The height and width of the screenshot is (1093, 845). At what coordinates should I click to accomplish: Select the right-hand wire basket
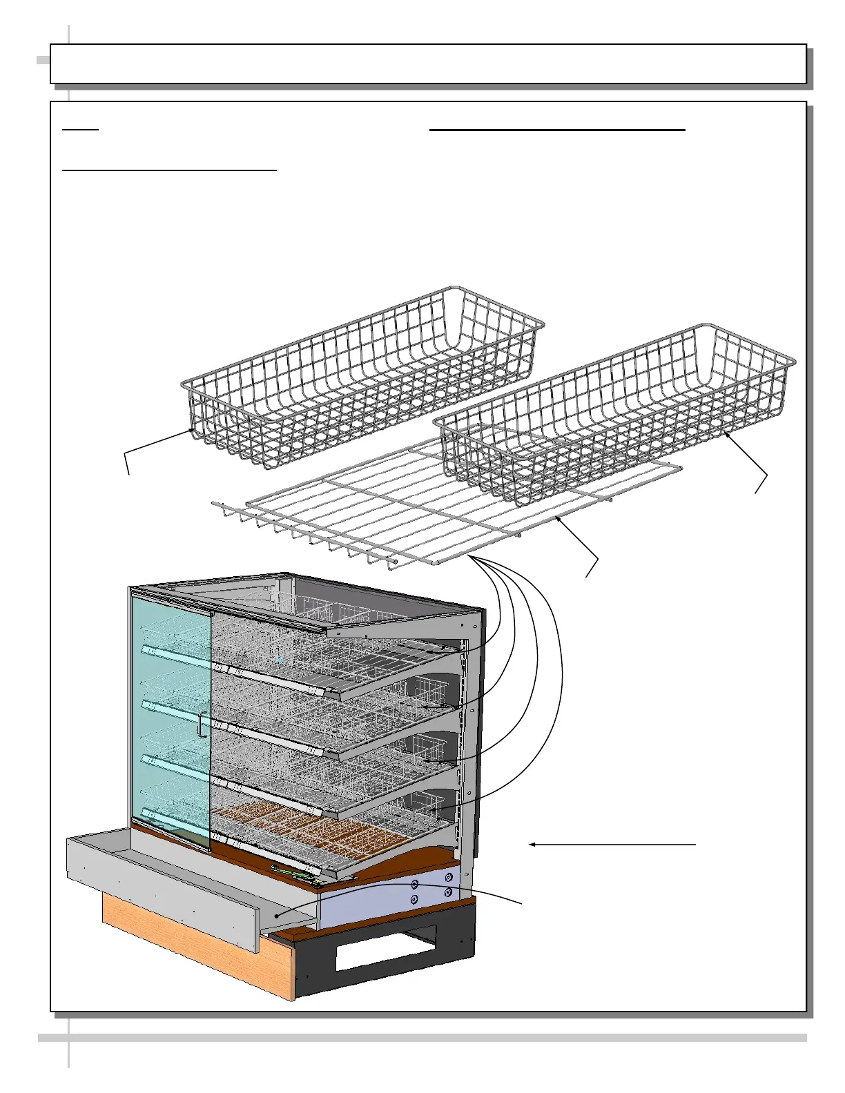(x=614, y=414)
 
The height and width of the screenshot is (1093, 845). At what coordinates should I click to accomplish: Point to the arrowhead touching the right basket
(x=726, y=433)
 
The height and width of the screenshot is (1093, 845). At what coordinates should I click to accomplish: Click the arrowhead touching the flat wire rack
(x=557, y=514)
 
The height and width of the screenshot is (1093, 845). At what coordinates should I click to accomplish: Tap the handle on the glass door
(x=200, y=725)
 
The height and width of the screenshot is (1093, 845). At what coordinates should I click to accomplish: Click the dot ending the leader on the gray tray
(x=276, y=916)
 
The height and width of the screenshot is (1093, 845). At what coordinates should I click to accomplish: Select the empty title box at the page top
(x=428, y=64)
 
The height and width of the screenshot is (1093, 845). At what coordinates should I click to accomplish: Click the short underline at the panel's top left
(x=81, y=129)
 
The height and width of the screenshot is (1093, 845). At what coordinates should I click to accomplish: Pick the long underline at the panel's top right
(x=557, y=129)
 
